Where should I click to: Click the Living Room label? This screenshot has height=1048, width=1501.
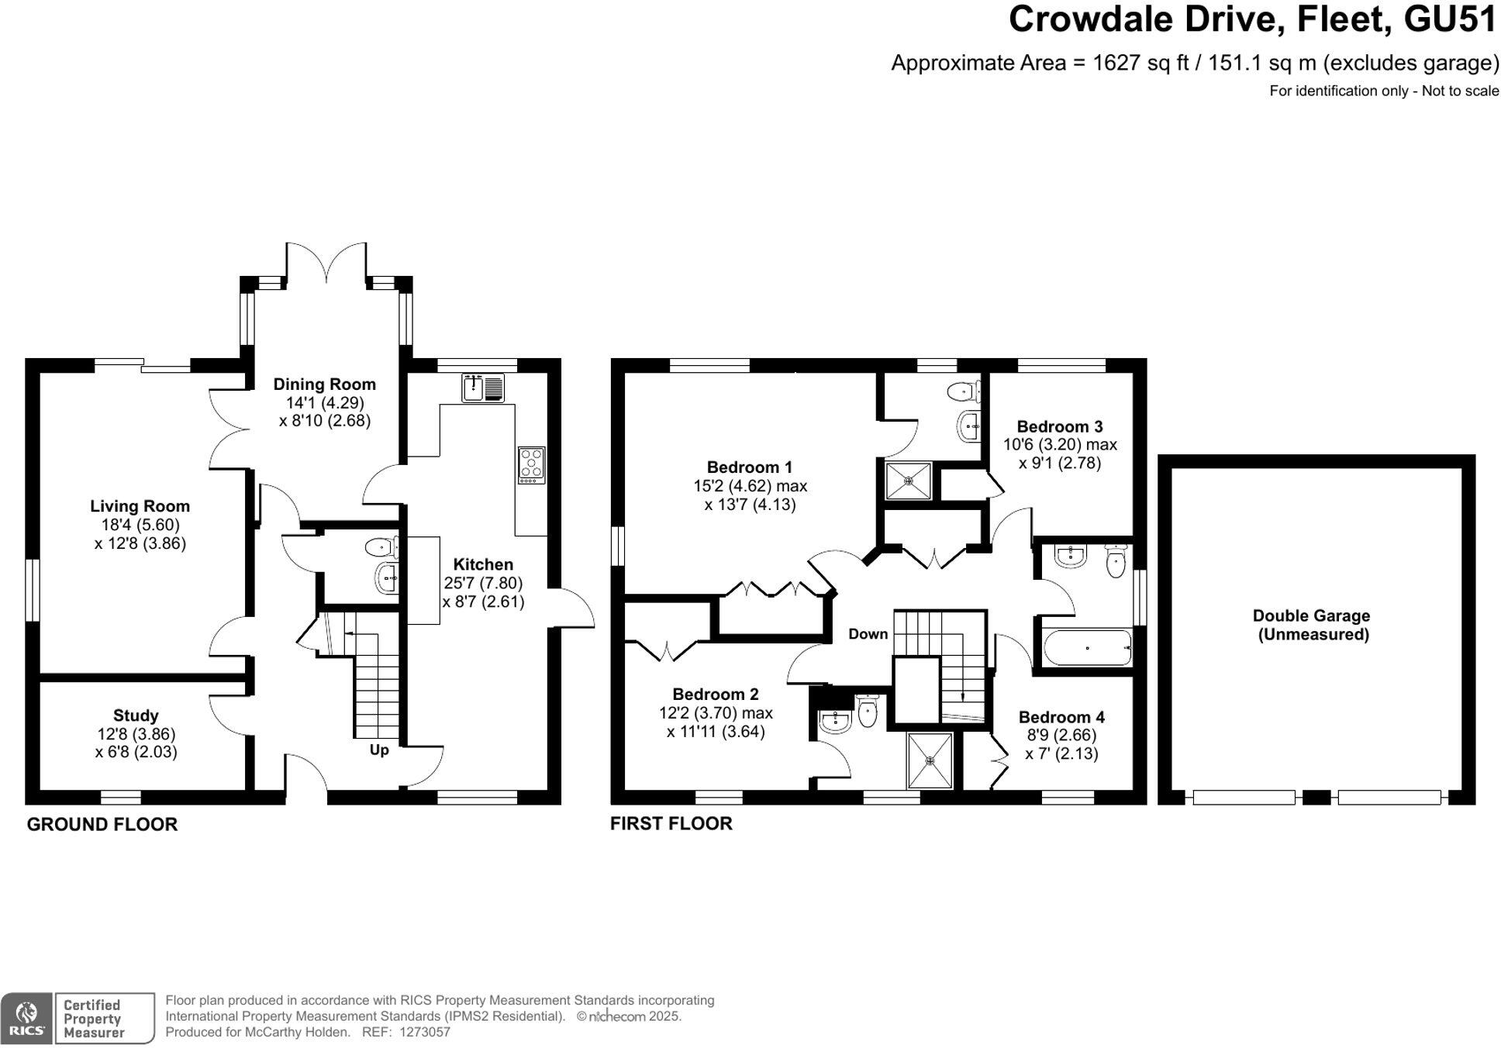tap(140, 506)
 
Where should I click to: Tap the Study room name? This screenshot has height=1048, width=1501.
tap(136, 715)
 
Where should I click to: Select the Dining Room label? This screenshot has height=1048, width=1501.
tap(324, 384)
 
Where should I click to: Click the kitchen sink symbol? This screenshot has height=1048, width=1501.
tap(483, 388)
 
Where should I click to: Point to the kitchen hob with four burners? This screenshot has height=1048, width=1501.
tap(532, 465)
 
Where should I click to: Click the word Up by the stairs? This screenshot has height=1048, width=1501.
tap(379, 750)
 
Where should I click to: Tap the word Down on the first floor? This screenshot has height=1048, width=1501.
tap(868, 634)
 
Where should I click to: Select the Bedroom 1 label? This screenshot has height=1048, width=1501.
tap(750, 467)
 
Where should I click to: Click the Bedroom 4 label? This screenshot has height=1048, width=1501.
tap(1061, 717)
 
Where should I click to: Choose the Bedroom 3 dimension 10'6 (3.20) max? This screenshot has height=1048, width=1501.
tap(1060, 445)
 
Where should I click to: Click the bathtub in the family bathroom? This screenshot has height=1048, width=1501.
tap(1087, 648)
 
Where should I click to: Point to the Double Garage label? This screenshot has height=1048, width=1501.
tap(1311, 616)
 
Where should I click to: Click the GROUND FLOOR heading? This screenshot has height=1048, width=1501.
tap(102, 825)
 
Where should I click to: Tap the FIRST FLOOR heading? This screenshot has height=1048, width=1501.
tap(671, 823)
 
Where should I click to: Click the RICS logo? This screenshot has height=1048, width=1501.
tap(27, 1019)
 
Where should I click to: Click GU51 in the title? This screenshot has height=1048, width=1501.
tap(1451, 19)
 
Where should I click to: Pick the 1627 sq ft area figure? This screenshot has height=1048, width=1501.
tap(1140, 63)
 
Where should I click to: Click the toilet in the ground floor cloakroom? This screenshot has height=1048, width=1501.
tap(381, 548)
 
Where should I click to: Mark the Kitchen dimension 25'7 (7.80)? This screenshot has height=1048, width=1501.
tap(483, 583)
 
